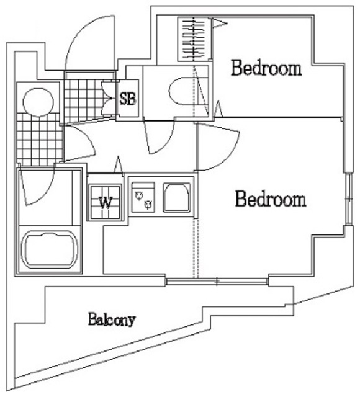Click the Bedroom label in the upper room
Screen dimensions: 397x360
click(266, 68)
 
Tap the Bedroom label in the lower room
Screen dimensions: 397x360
click(271, 200)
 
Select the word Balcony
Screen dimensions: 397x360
click(111, 320)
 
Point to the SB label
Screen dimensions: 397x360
click(128, 99)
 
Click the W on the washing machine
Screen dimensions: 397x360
click(106, 202)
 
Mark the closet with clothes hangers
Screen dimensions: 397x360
click(194, 39)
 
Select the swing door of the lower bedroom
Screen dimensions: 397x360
click(217, 148)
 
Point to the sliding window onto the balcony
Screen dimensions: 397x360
click(218, 283)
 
